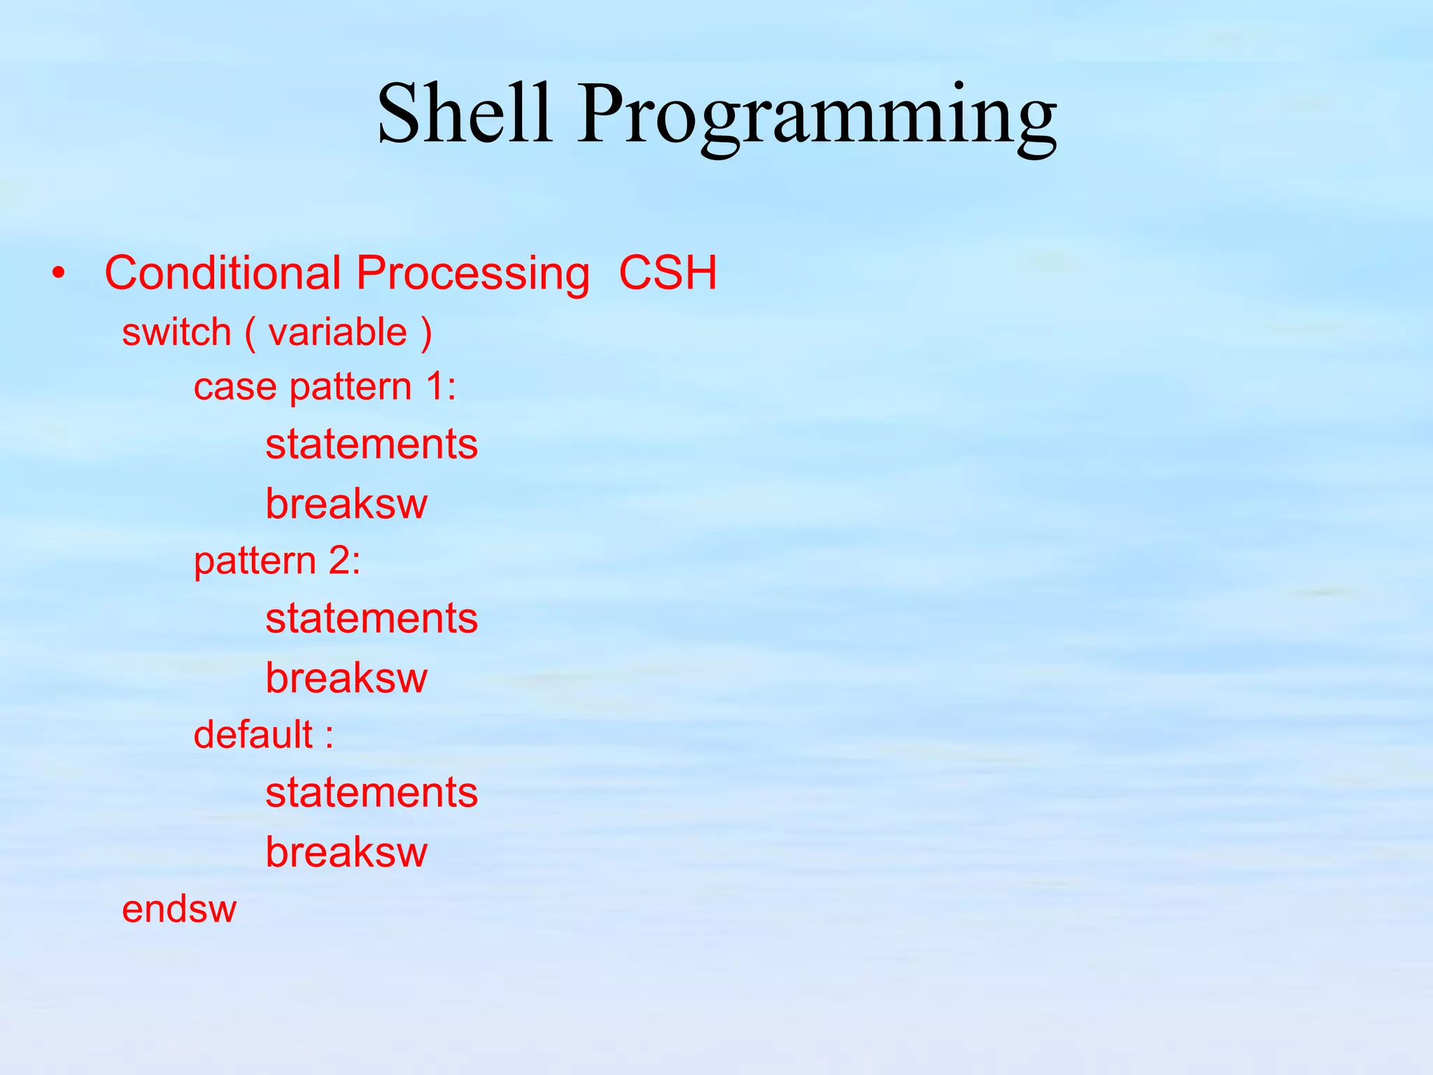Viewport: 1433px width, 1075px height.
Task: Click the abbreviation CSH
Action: [x=668, y=272]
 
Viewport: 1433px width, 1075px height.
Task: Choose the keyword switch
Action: [x=176, y=332]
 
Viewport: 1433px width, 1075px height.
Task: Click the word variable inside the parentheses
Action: [x=338, y=332]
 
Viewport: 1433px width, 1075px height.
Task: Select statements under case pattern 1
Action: [x=372, y=444]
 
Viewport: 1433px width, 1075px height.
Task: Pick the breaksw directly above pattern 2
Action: [x=346, y=503]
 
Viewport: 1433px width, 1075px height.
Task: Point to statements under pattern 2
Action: [x=372, y=619]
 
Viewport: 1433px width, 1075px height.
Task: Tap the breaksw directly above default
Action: [x=346, y=677]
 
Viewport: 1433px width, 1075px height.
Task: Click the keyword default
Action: [x=253, y=735]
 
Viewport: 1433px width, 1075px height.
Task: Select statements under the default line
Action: [x=372, y=793]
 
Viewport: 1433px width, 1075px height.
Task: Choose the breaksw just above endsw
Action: [x=346, y=852]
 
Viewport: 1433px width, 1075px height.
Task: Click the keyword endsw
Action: [x=179, y=909]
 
